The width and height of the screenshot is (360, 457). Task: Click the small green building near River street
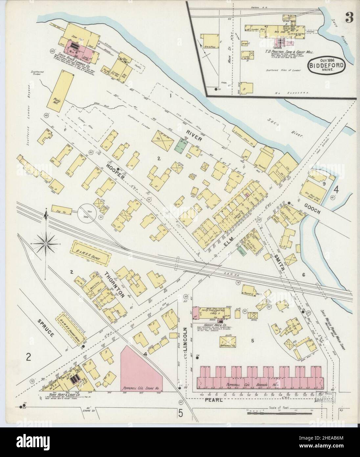[179, 145]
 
